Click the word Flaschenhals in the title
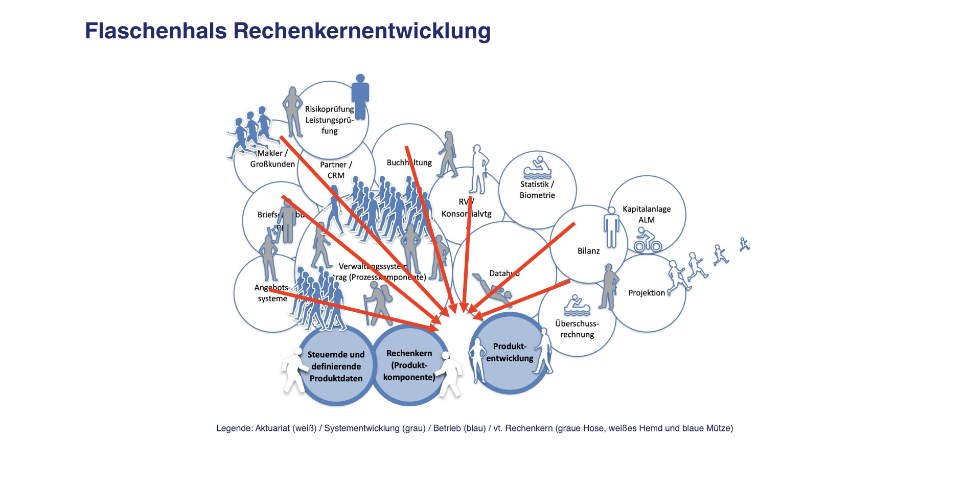tap(155, 31)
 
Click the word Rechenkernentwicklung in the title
tap(362, 31)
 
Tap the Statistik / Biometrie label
tap(537, 190)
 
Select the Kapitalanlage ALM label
tap(647, 214)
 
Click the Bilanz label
tap(588, 251)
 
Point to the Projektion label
tap(647, 293)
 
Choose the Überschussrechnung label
tap(577, 329)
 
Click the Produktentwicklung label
tap(510, 352)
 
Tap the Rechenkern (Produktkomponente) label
tap(409, 365)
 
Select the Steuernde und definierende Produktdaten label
tap(336, 366)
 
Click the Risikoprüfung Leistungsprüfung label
tap(329, 120)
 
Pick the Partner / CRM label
tap(336, 170)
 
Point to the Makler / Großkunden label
tap(272, 158)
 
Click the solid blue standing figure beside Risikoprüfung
tap(360, 97)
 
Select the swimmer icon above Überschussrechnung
tap(577, 305)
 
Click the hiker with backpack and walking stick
tap(378, 303)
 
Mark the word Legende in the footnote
tap(234, 428)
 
